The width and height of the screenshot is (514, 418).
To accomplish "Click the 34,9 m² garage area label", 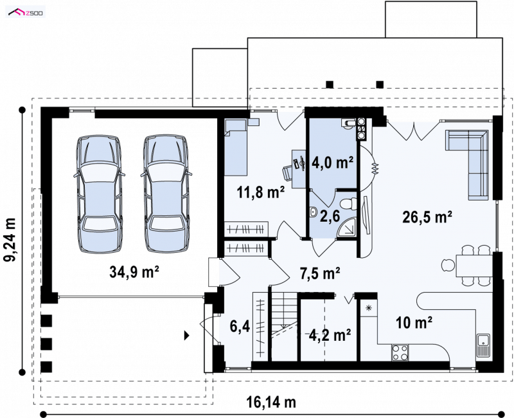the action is click(134, 271).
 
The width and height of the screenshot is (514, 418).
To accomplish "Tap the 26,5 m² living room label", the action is click(427, 217).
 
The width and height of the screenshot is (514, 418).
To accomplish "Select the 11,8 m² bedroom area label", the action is click(261, 192).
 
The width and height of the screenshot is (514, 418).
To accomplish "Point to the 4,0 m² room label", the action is click(332, 162).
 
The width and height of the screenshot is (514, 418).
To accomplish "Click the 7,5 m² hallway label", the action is click(320, 273).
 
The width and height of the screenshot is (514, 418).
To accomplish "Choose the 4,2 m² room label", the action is click(330, 335).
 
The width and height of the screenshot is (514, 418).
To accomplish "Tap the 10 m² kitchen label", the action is click(414, 323).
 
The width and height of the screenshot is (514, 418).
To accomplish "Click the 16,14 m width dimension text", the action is click(270, 402).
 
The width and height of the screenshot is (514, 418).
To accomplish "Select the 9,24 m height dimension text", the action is click(10, 240).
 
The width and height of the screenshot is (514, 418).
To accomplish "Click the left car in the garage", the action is click(99, 194).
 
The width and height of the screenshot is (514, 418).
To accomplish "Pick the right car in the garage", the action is click(166, 194).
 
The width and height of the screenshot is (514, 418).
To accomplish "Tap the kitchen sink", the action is click(483, 345).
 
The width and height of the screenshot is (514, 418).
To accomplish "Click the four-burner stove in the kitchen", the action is click(400, 352).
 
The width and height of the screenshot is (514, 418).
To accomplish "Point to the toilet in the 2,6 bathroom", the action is click(348, 203).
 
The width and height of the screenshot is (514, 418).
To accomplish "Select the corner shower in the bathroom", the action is click(347, 227).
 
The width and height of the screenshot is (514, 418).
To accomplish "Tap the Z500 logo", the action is click(26, 13).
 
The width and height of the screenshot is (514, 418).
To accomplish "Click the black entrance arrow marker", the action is click(187, 335).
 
